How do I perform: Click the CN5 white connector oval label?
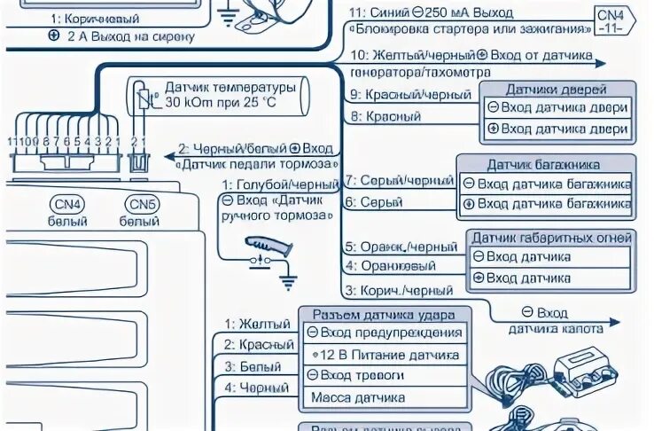141,205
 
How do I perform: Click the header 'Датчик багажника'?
543,164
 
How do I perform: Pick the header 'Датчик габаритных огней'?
551,238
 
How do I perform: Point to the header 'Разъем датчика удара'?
383,315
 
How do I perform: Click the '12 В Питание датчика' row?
383,355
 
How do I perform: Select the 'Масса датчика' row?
359,397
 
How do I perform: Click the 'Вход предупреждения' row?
383,333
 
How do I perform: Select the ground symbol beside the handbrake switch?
289,280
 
